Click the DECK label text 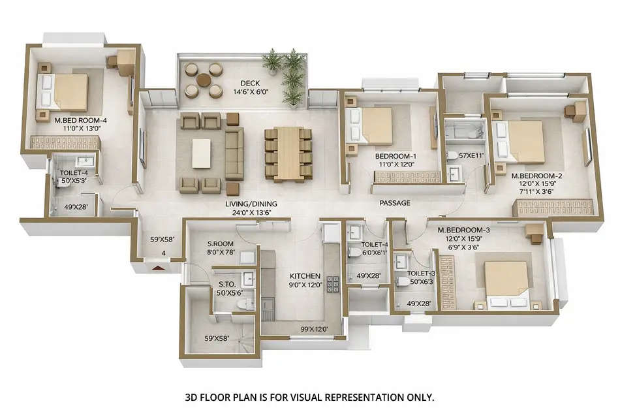click(x=250, y=83)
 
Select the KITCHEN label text click(x=305, y=276)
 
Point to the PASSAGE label click(x=395, y=203)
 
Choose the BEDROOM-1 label click(x=395, y=157)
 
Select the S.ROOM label click(x=221, y=243)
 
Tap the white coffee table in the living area click(x=201, y=153)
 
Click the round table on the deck click(x=203, y=80)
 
